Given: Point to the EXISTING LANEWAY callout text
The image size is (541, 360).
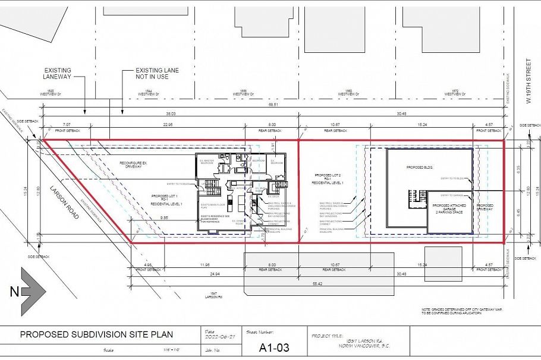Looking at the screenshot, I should (x=56, y=73).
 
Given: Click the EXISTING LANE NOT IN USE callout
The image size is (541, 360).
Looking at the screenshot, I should (x=157, y=73).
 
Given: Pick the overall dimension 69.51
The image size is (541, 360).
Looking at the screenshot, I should (x=273, y=105).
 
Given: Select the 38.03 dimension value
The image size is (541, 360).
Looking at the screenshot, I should (x=171, y=113).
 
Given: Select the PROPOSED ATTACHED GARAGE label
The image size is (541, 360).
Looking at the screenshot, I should (x=449, y=207).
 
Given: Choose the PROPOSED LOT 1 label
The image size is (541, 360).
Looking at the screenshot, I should (x=167, y=200).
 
